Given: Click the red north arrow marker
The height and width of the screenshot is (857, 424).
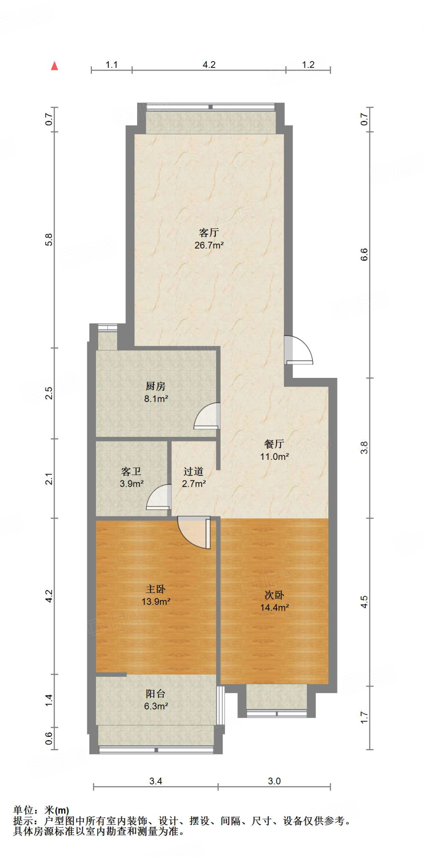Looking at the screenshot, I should click(54, 66).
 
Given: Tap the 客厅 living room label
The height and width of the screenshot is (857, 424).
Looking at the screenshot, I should click(209, 232).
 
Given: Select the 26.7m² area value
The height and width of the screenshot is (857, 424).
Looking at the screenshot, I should click(209, 245).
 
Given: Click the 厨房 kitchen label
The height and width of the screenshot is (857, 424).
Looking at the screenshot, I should click(156, 386).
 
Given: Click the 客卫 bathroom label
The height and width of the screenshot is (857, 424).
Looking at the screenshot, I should click(131, 472).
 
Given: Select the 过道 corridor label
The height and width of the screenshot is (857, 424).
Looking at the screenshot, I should click(193, 472).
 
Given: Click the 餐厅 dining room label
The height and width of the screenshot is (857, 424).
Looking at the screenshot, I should click(274, 444).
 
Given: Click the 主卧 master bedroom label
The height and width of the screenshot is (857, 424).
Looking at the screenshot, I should click(156, 589).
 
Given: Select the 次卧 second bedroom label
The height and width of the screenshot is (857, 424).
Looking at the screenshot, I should click(274, 595).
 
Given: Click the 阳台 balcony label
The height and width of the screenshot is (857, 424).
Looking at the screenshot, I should click(156, 694).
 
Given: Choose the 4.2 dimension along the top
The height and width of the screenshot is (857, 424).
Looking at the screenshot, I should click(209, 64).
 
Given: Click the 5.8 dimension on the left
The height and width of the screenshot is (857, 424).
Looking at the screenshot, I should click(49, 239).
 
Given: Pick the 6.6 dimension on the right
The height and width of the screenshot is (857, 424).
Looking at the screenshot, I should click(364, 254).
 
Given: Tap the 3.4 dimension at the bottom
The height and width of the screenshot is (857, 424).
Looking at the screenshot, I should click(156, 781).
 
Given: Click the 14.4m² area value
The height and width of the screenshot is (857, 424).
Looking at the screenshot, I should click(274, 608).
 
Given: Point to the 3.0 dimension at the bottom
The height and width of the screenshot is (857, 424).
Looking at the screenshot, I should click(274, 781).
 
